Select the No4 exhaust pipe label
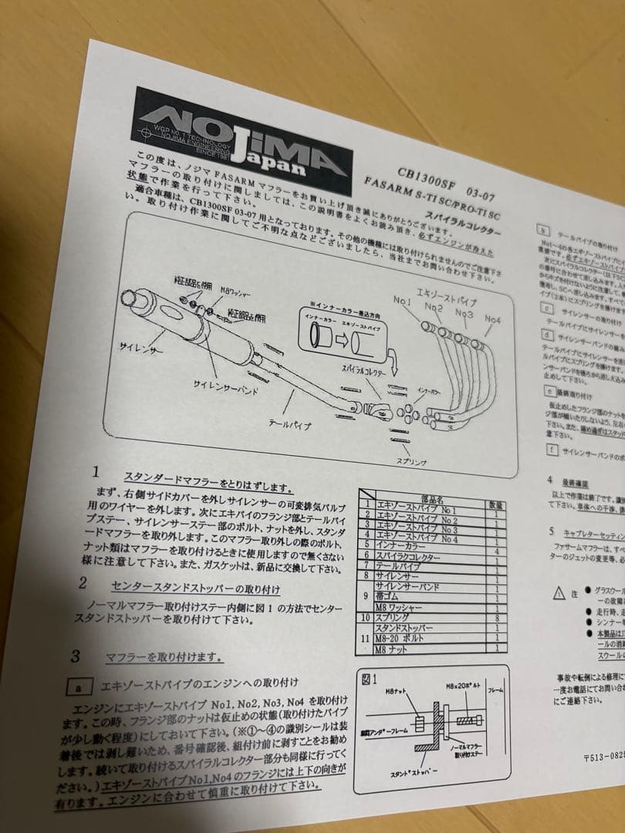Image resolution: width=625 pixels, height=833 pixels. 492,318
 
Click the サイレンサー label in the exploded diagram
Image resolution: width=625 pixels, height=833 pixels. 140,349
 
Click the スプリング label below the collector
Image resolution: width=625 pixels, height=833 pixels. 411,461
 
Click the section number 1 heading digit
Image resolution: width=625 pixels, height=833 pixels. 96,471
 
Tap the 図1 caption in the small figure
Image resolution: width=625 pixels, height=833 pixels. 369,680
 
